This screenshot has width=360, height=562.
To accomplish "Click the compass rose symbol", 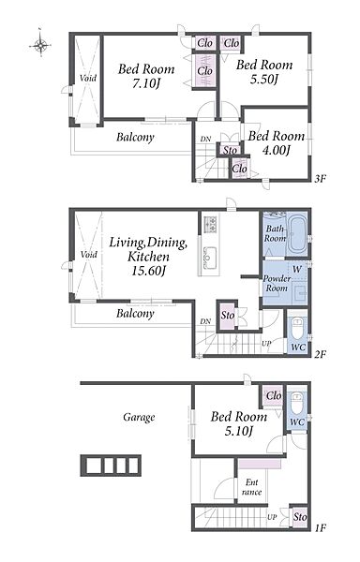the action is point(41,45).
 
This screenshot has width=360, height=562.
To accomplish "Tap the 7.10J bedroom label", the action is point(146,76).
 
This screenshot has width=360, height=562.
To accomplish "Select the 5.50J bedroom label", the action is point(264,72).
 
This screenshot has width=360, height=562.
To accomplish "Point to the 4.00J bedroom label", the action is point(276,142).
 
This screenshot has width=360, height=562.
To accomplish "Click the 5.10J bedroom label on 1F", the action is point(239,423).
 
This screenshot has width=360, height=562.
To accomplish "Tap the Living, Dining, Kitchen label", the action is point(148,257).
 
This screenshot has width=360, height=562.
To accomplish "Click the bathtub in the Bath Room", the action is point(297,234).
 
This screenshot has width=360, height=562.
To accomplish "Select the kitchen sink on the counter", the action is point(209,256).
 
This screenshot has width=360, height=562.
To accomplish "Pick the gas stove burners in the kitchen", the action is point(210,225).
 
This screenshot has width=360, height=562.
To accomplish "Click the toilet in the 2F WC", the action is point(297,330).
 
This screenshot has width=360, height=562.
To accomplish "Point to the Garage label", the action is point(139,417).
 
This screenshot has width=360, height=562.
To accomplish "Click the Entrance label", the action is point(251,487).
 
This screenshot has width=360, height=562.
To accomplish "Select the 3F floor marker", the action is point(320,178).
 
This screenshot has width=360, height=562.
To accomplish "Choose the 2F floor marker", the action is point(320,354).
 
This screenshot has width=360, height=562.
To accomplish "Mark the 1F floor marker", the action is point(320,527).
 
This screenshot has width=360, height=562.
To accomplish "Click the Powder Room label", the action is point(277,283).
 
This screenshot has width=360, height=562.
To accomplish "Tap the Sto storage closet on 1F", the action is point(300,517).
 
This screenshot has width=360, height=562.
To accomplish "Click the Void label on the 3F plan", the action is point(88,78).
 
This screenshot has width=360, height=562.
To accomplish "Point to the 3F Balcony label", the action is point(135,138).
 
